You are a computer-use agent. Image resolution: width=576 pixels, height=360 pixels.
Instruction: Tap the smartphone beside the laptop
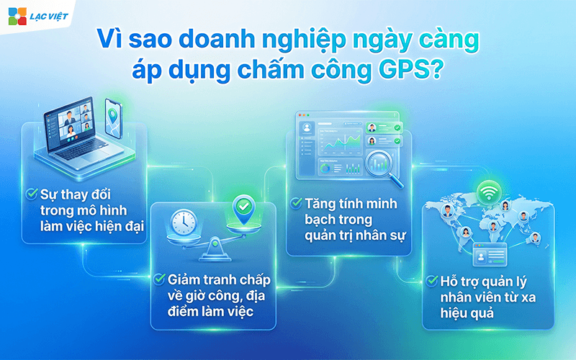click(x=112, y=117)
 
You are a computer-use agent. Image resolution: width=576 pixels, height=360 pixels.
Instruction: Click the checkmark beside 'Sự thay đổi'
click(x=32, y=194)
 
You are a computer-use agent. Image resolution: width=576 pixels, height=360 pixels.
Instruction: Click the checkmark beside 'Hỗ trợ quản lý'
click(x=433, y=280)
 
